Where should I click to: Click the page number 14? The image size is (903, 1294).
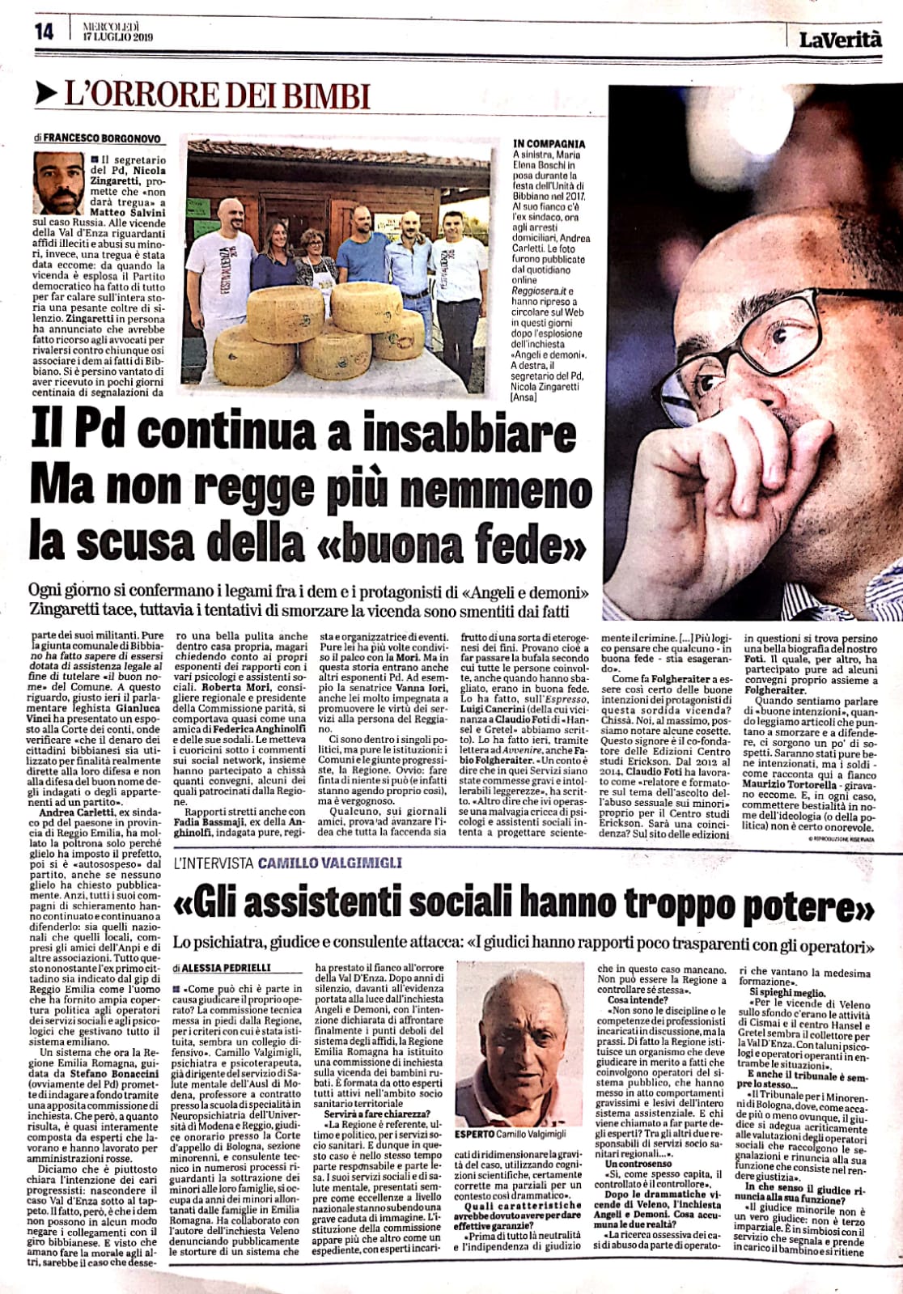coord(44,31)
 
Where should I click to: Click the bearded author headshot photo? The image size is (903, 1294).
coord(59,183)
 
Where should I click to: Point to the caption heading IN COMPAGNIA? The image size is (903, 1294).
coord(549,144)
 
